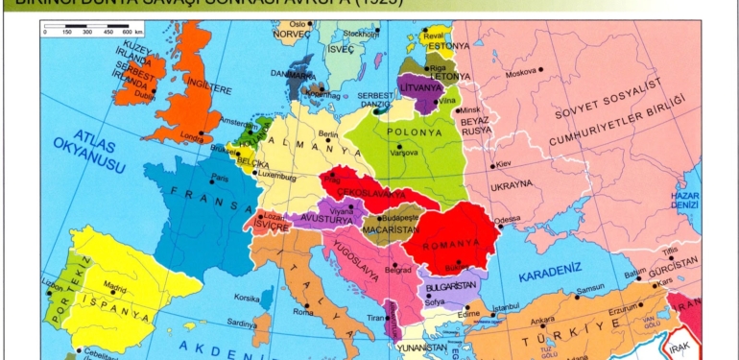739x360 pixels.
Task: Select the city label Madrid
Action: point(116,285)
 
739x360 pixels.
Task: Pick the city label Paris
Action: point(221,178)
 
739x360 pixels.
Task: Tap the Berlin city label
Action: point(328,135)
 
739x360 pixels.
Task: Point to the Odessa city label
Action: point(507,219)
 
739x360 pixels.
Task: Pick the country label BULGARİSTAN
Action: point(454,286)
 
